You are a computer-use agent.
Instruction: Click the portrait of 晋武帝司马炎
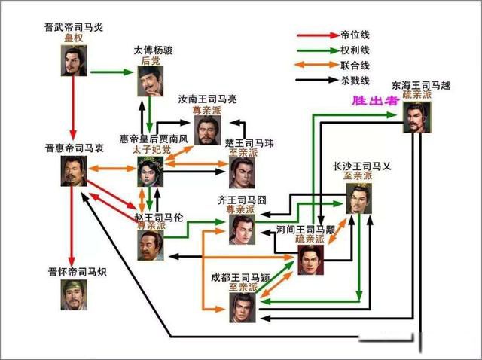(73, 60)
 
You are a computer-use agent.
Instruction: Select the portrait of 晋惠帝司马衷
(75, 171)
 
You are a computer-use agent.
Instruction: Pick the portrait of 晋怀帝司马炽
(75, 294)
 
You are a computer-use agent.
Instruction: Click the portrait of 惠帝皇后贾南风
(151, 172)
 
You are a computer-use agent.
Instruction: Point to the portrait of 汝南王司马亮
(207, 129)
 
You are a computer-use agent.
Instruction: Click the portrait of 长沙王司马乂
(359, 200)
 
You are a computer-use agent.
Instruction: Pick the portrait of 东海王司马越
(416, 117)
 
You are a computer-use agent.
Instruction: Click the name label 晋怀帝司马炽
(75, 270)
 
